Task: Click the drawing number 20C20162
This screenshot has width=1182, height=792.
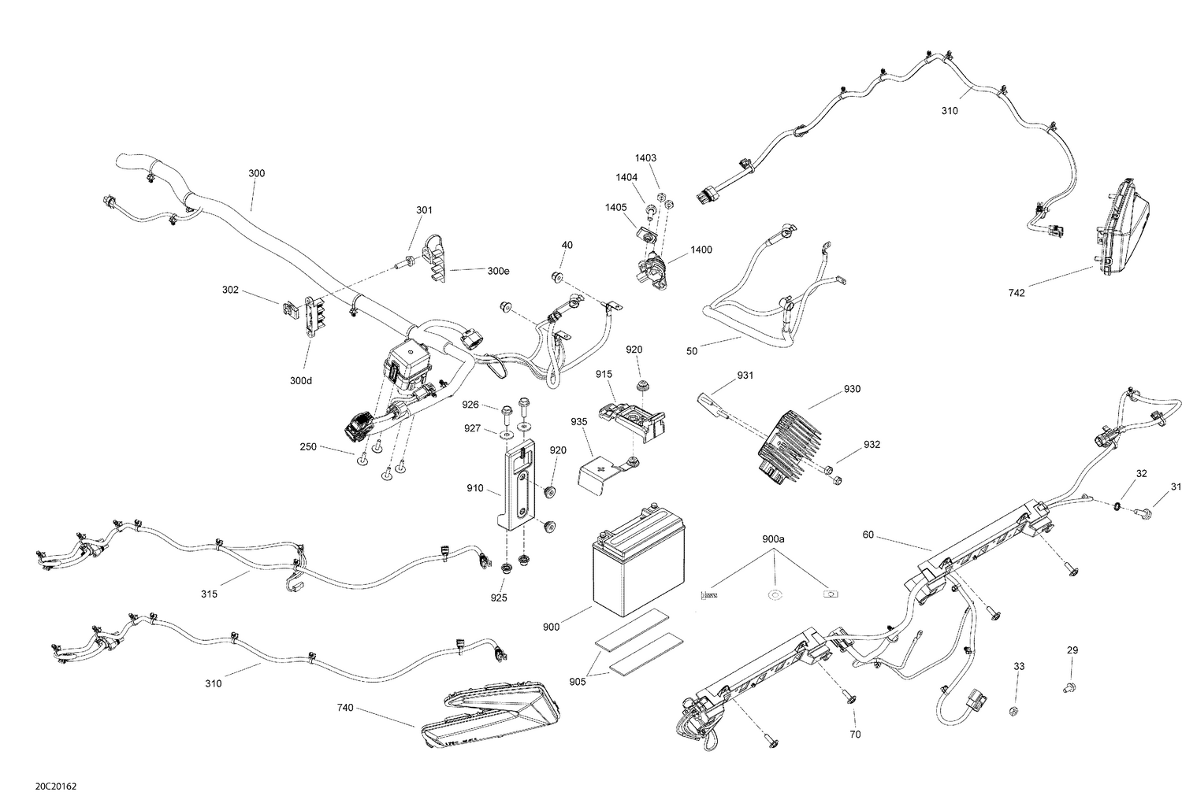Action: pyautogui.click(x=56, y=785)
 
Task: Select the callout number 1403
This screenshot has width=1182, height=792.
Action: pyautogui.click(x=645, y=158)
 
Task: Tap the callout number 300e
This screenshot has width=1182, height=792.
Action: pyautogui.click(x=498, y=271)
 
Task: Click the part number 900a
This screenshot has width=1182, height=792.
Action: pyautogui.click(x=773, y=539)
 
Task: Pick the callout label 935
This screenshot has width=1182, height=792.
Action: pyautogui.click(x=579, y=422)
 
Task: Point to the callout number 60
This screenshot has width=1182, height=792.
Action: pyautogui.click(x=868, y=535)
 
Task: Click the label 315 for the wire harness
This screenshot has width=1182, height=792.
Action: pyautogui.click(x=209, y=594)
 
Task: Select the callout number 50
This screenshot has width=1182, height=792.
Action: pyautogui.click(x=692, y=351)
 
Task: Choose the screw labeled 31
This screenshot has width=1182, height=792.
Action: pyautogui.click(x=1147, y=514)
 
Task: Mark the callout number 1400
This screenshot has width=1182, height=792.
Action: pyautogui.click(x=701, y=250)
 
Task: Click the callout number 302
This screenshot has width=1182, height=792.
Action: pyautogui.click(x=230, y=290)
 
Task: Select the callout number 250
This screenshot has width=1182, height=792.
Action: pyautogui.click(x=307, y=447)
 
